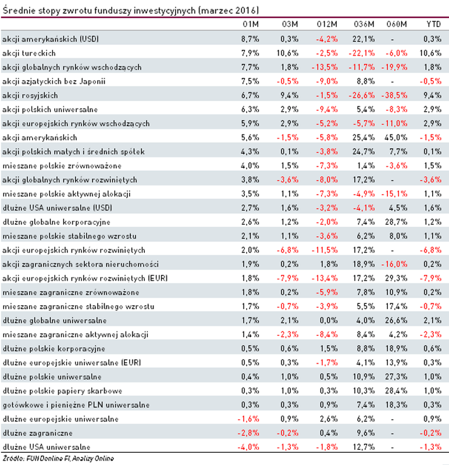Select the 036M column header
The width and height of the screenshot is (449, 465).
coord(362,24)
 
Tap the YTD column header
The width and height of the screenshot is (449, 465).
coord(433,24)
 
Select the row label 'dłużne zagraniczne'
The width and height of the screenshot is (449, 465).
coord(30,432)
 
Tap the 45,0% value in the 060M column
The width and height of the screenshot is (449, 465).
coord(397,137)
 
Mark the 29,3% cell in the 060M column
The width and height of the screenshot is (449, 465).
coord(397,278)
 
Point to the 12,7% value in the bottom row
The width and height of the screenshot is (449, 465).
coord(363,447)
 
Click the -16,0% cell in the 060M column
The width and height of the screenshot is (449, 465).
coord(395,264)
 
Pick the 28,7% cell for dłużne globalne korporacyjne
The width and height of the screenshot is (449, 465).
coord(397,221)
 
